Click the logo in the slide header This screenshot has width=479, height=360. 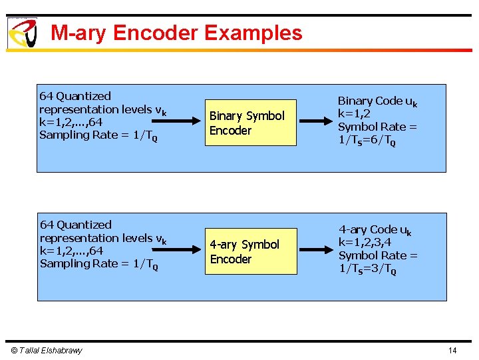22,33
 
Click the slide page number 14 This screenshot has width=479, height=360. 452,351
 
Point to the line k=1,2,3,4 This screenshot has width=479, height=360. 369,242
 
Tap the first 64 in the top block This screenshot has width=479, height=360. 47,96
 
